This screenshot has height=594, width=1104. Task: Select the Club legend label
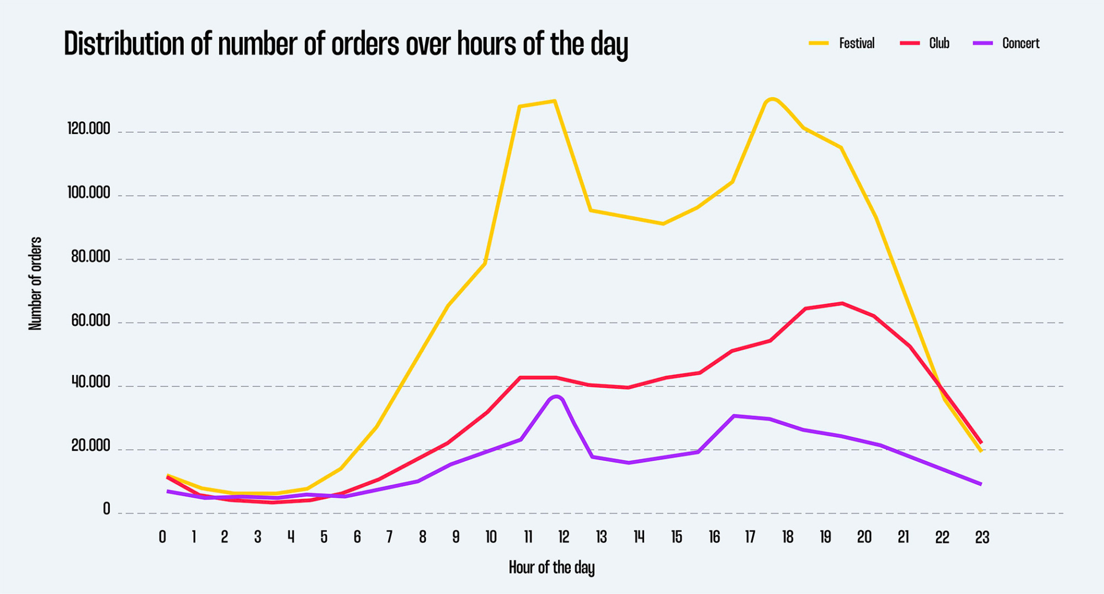[938, 43]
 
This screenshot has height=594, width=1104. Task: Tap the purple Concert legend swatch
[983, 43]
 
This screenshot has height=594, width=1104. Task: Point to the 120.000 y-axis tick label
[88, 129]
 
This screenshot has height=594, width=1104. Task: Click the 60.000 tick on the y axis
[91, 321]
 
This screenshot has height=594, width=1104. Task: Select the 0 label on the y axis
[107, 509]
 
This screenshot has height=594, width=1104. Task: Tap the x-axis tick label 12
[563, 537]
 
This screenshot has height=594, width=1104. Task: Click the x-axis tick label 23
[981, 537]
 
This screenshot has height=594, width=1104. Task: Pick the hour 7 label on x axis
[389, 537]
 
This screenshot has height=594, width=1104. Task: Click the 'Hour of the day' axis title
[551, 568]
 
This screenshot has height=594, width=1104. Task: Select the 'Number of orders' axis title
[35, 284]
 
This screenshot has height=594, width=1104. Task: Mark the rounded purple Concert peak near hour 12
[556, 396]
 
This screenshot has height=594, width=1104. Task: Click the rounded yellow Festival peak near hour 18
[772, 99]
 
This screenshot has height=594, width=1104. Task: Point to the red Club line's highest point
[842, 303]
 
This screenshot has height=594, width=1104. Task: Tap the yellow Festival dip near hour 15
[663, 224]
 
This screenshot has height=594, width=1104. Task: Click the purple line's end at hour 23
[980, 484]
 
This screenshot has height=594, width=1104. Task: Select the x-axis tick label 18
[787, 537]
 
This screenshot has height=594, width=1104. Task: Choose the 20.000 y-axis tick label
[91, 446]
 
